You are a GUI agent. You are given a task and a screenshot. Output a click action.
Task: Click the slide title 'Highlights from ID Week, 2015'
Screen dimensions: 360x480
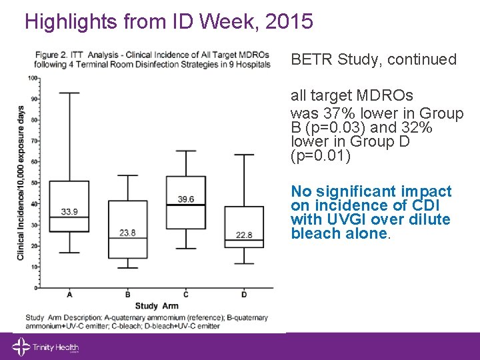coord(169,22)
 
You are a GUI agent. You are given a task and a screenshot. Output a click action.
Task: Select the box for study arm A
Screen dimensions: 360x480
coord(69,206)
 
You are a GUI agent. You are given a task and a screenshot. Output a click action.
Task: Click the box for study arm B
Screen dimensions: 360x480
coord(127,229)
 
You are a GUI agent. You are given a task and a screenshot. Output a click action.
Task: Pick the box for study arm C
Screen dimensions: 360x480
coord(185,202)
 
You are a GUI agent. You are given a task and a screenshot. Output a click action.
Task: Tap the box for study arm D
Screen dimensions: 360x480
coord(244,227)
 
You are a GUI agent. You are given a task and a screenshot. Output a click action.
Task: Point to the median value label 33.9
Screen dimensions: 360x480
coord(69,212)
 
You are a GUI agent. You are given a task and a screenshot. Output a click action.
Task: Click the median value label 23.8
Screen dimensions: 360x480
coord(127,233)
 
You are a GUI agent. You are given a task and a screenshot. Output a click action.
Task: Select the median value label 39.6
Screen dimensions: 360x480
coord(186,199)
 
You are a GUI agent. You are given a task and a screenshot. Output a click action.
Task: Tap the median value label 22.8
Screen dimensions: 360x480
coord(244,234)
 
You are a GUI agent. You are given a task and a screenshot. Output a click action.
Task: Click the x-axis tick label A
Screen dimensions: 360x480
coord(70,295)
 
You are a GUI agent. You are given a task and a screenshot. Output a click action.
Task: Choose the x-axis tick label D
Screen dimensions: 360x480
coord(244,295)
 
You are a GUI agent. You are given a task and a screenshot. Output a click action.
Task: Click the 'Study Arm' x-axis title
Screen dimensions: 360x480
coord(156,305)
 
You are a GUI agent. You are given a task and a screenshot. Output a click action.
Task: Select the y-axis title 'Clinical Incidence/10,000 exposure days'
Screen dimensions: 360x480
coord(21,182)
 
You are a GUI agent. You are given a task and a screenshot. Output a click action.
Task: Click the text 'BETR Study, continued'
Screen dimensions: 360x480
coord(373,59)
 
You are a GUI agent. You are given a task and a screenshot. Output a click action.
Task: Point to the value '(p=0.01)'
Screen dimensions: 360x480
coord(320,156)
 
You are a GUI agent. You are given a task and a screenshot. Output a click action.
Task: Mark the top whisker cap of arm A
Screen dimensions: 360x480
coord(69,93)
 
